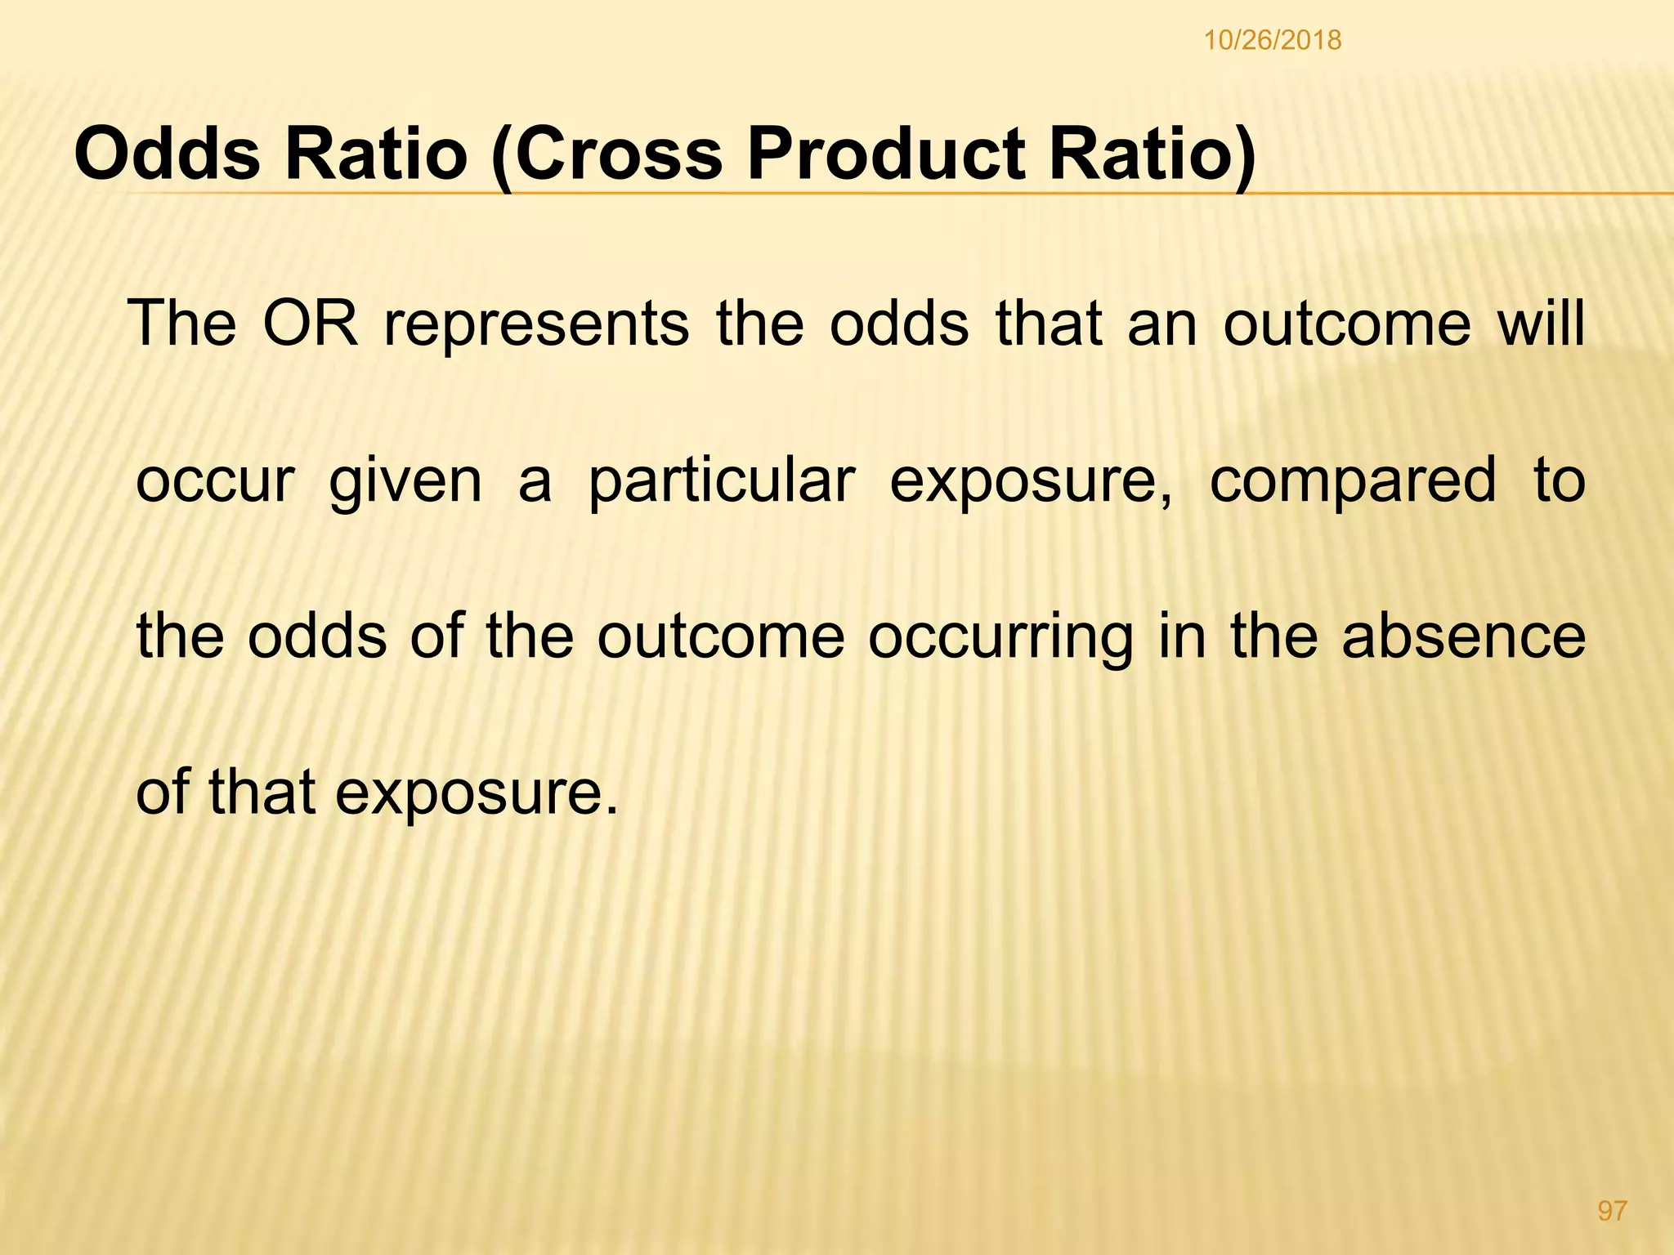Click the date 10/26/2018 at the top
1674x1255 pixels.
point(1273,40)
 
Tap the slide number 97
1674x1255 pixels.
point(1612,1211)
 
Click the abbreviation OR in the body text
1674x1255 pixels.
point(311,324)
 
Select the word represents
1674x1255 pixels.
point(537,324)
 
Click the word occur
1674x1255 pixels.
point(214,480)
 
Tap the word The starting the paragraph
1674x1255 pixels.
point(183,324)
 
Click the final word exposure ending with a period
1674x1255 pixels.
point(477,794)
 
